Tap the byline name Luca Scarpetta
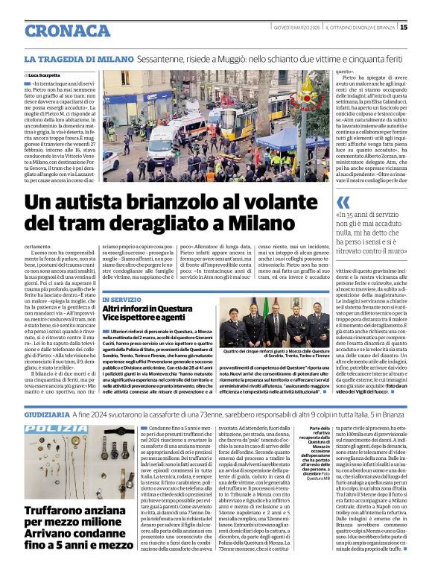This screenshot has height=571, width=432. [x=46, y=76]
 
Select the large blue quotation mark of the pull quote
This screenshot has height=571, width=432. [x=343, y=203]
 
